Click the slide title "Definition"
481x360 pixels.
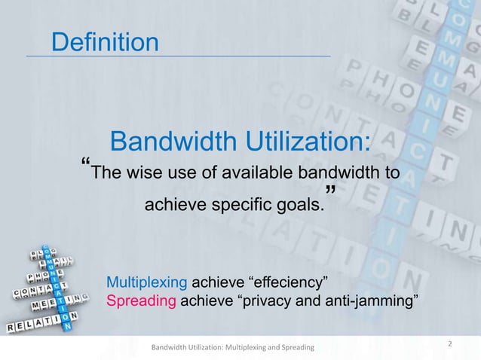(x=105, y=42)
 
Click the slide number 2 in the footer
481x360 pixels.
(x=449, y=344)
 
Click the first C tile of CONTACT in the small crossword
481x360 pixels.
(x=17, y=292)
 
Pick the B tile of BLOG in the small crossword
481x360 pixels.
(x=34, y=253)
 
